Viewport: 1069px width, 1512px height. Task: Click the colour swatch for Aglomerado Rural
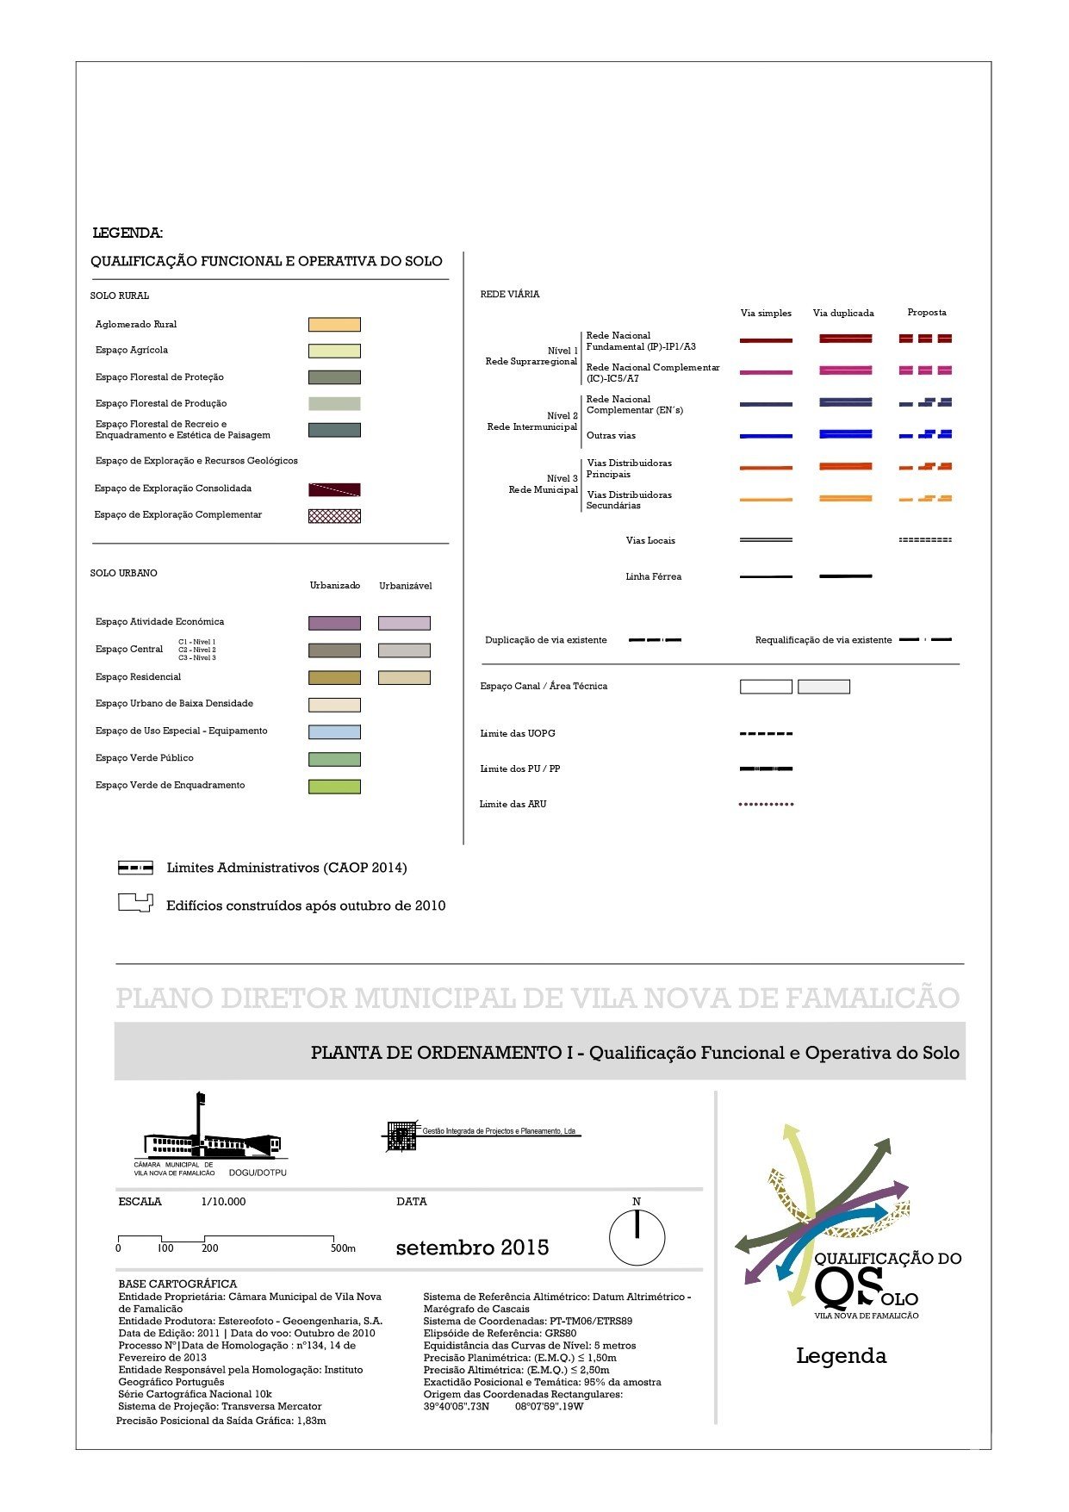pyautogui.click(x=334, y=325)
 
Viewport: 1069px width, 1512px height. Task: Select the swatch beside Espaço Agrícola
pyautogui.click(x=334, y=351)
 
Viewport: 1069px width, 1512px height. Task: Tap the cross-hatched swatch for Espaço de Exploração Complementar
pyautogui.click(x=334, y=516)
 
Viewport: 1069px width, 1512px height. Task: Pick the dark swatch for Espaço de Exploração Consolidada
pyautogui.click(x=334, y=489)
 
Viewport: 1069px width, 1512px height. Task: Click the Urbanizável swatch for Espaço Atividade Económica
pyautogui.click(x=404, y=623)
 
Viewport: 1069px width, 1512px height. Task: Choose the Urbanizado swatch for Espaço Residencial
pyautogui.click(x=334, y=678)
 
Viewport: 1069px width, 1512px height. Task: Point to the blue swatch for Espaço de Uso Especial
pyautogui.click(x=334, y=732)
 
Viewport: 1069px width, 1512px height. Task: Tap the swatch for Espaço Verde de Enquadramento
pyautogui.click(x=334, y=787)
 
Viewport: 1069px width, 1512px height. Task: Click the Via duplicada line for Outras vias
pyautogui.click(x=845, y=434)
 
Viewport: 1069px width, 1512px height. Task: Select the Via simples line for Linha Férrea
pyautogui.click(x=766, y=576)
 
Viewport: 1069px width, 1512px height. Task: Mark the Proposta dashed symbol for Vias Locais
pyautogui.click(x=925, y=540)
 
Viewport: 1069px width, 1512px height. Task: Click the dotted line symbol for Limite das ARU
pyautogui.click(x=766, y=805)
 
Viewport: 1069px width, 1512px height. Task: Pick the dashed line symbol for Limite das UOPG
pyautogui.click(x=766, y=734)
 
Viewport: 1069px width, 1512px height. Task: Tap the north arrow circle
pyautogui.click(x=637, y=1238)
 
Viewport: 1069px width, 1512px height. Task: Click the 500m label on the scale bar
pyautogui.click(x=343, y=1248)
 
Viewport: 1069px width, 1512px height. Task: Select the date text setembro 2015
pyautogui.click(x=472, y=1248)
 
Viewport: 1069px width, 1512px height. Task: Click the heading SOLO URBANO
pyautogui.click(x=123, y=573)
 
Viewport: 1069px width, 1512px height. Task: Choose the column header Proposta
pyautogui.click(x=927, y=313)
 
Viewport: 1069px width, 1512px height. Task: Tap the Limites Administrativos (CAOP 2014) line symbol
pyautogui.click(x=135, y=868)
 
